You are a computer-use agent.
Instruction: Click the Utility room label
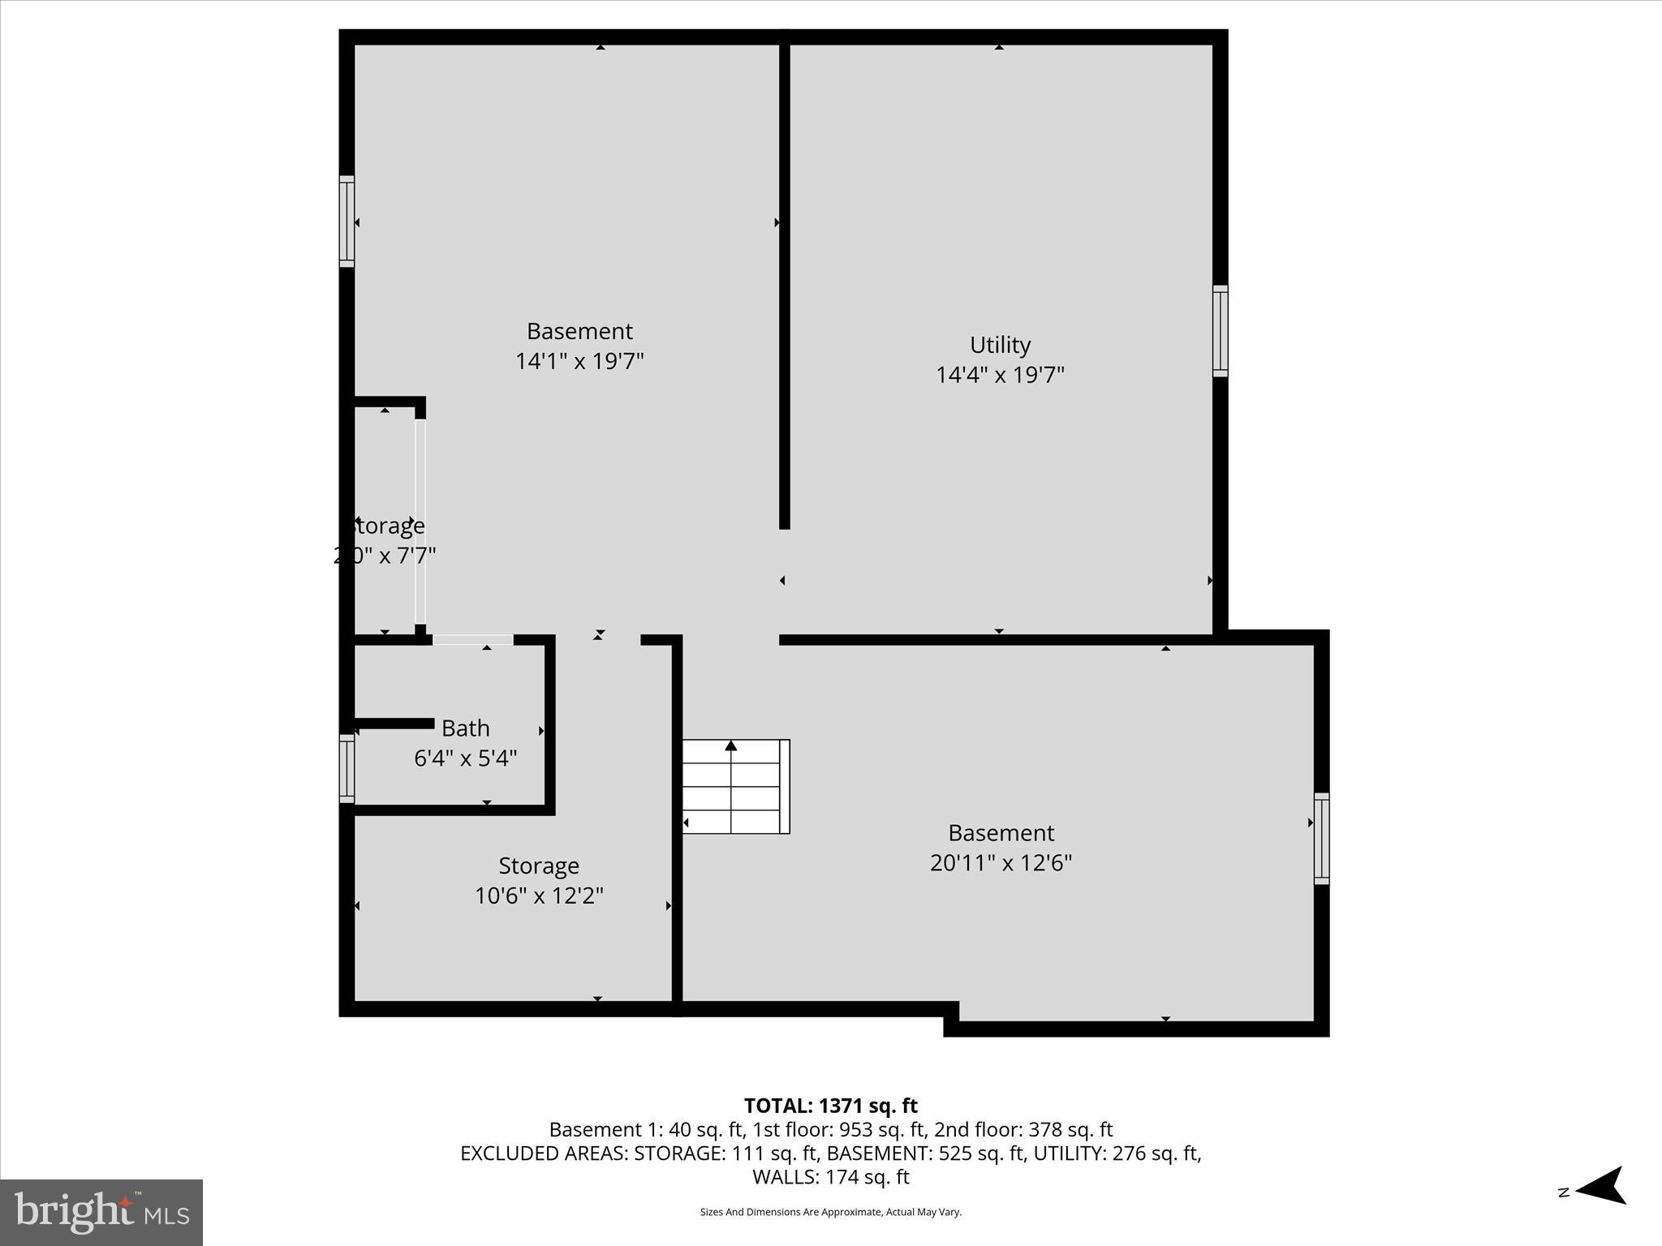[x=1000, y=345]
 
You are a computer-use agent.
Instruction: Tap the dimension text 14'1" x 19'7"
[x=579, y=361]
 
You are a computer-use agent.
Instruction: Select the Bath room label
[x=465, y=728]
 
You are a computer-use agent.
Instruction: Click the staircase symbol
[x=735, y=786]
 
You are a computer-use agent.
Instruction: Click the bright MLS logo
[x=101, y=1212]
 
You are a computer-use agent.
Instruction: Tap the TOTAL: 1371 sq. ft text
[x=830, y=1106]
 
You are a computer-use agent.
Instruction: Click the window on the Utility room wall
[x=1220, y=331]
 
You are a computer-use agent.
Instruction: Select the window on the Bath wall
[x=347, y=768]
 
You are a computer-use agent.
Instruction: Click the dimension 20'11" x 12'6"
[x=1001, y=862]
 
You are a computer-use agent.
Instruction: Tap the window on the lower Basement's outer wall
[x=1321, y=838]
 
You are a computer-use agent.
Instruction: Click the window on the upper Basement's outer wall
[x=347, y=221]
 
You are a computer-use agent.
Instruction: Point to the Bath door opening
[x=473, y=640]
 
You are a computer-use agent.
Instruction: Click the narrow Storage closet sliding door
[x=420, y=521]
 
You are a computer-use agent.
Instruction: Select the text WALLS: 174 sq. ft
[x=830, y=1177]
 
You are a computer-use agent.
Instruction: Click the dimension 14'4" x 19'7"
[x=1000, y=375]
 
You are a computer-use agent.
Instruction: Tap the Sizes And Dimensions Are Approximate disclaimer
[x=830, y=1212]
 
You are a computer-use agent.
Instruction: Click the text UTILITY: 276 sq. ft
[x=1117, y=1154]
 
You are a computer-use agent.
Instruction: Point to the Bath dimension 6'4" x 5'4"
[x=465, y=758]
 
